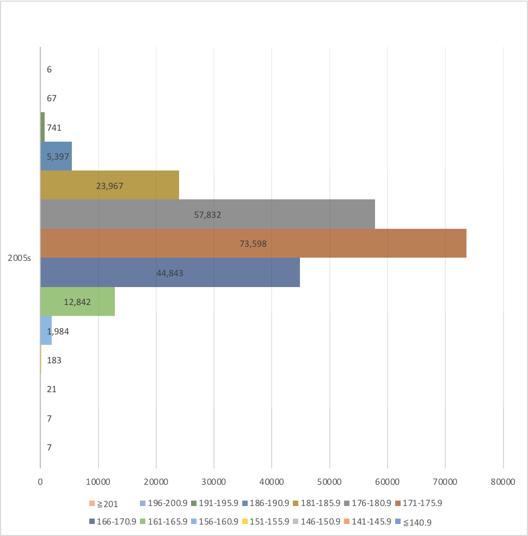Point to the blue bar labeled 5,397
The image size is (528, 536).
click(57, 156)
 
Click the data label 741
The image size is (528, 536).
click(54, 127)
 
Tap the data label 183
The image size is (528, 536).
click(54, 360)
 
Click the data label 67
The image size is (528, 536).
click(52, 99)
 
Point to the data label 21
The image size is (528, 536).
click(52, 389)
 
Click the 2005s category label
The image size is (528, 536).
click(19, 258)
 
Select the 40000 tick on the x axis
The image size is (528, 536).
click(272, 482)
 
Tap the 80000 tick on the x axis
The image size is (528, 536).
click(503, 482)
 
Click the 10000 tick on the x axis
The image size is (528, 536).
click(99, 482)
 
